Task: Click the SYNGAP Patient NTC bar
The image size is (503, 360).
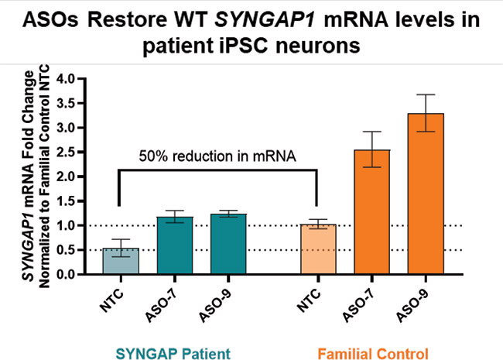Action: pyautogui.click(x=121, y=262)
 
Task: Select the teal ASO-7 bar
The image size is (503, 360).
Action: pyautogui.click(x=175, y=246)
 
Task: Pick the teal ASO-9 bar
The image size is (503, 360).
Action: pyautogui.click(x=229, y=245)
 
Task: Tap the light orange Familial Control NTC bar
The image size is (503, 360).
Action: pyautogui.click(x=318, y=249)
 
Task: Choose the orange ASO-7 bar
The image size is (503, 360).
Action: pyautogui.click(x=373, y=212)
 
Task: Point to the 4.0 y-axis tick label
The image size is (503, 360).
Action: pyautogui.click(x=74, y=79)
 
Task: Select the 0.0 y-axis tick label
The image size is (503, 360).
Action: pyautogui.click(x=74, y=274)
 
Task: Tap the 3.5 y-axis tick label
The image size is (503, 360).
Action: pyautogui.click(x=74, y=104)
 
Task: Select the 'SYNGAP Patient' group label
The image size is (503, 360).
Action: pyautogui.click(x=174, y=353)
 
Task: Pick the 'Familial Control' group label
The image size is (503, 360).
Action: pyautogui.click(x=374, y=353)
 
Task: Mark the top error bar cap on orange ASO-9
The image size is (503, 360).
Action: pyautogui.click(x=426, y=95)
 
